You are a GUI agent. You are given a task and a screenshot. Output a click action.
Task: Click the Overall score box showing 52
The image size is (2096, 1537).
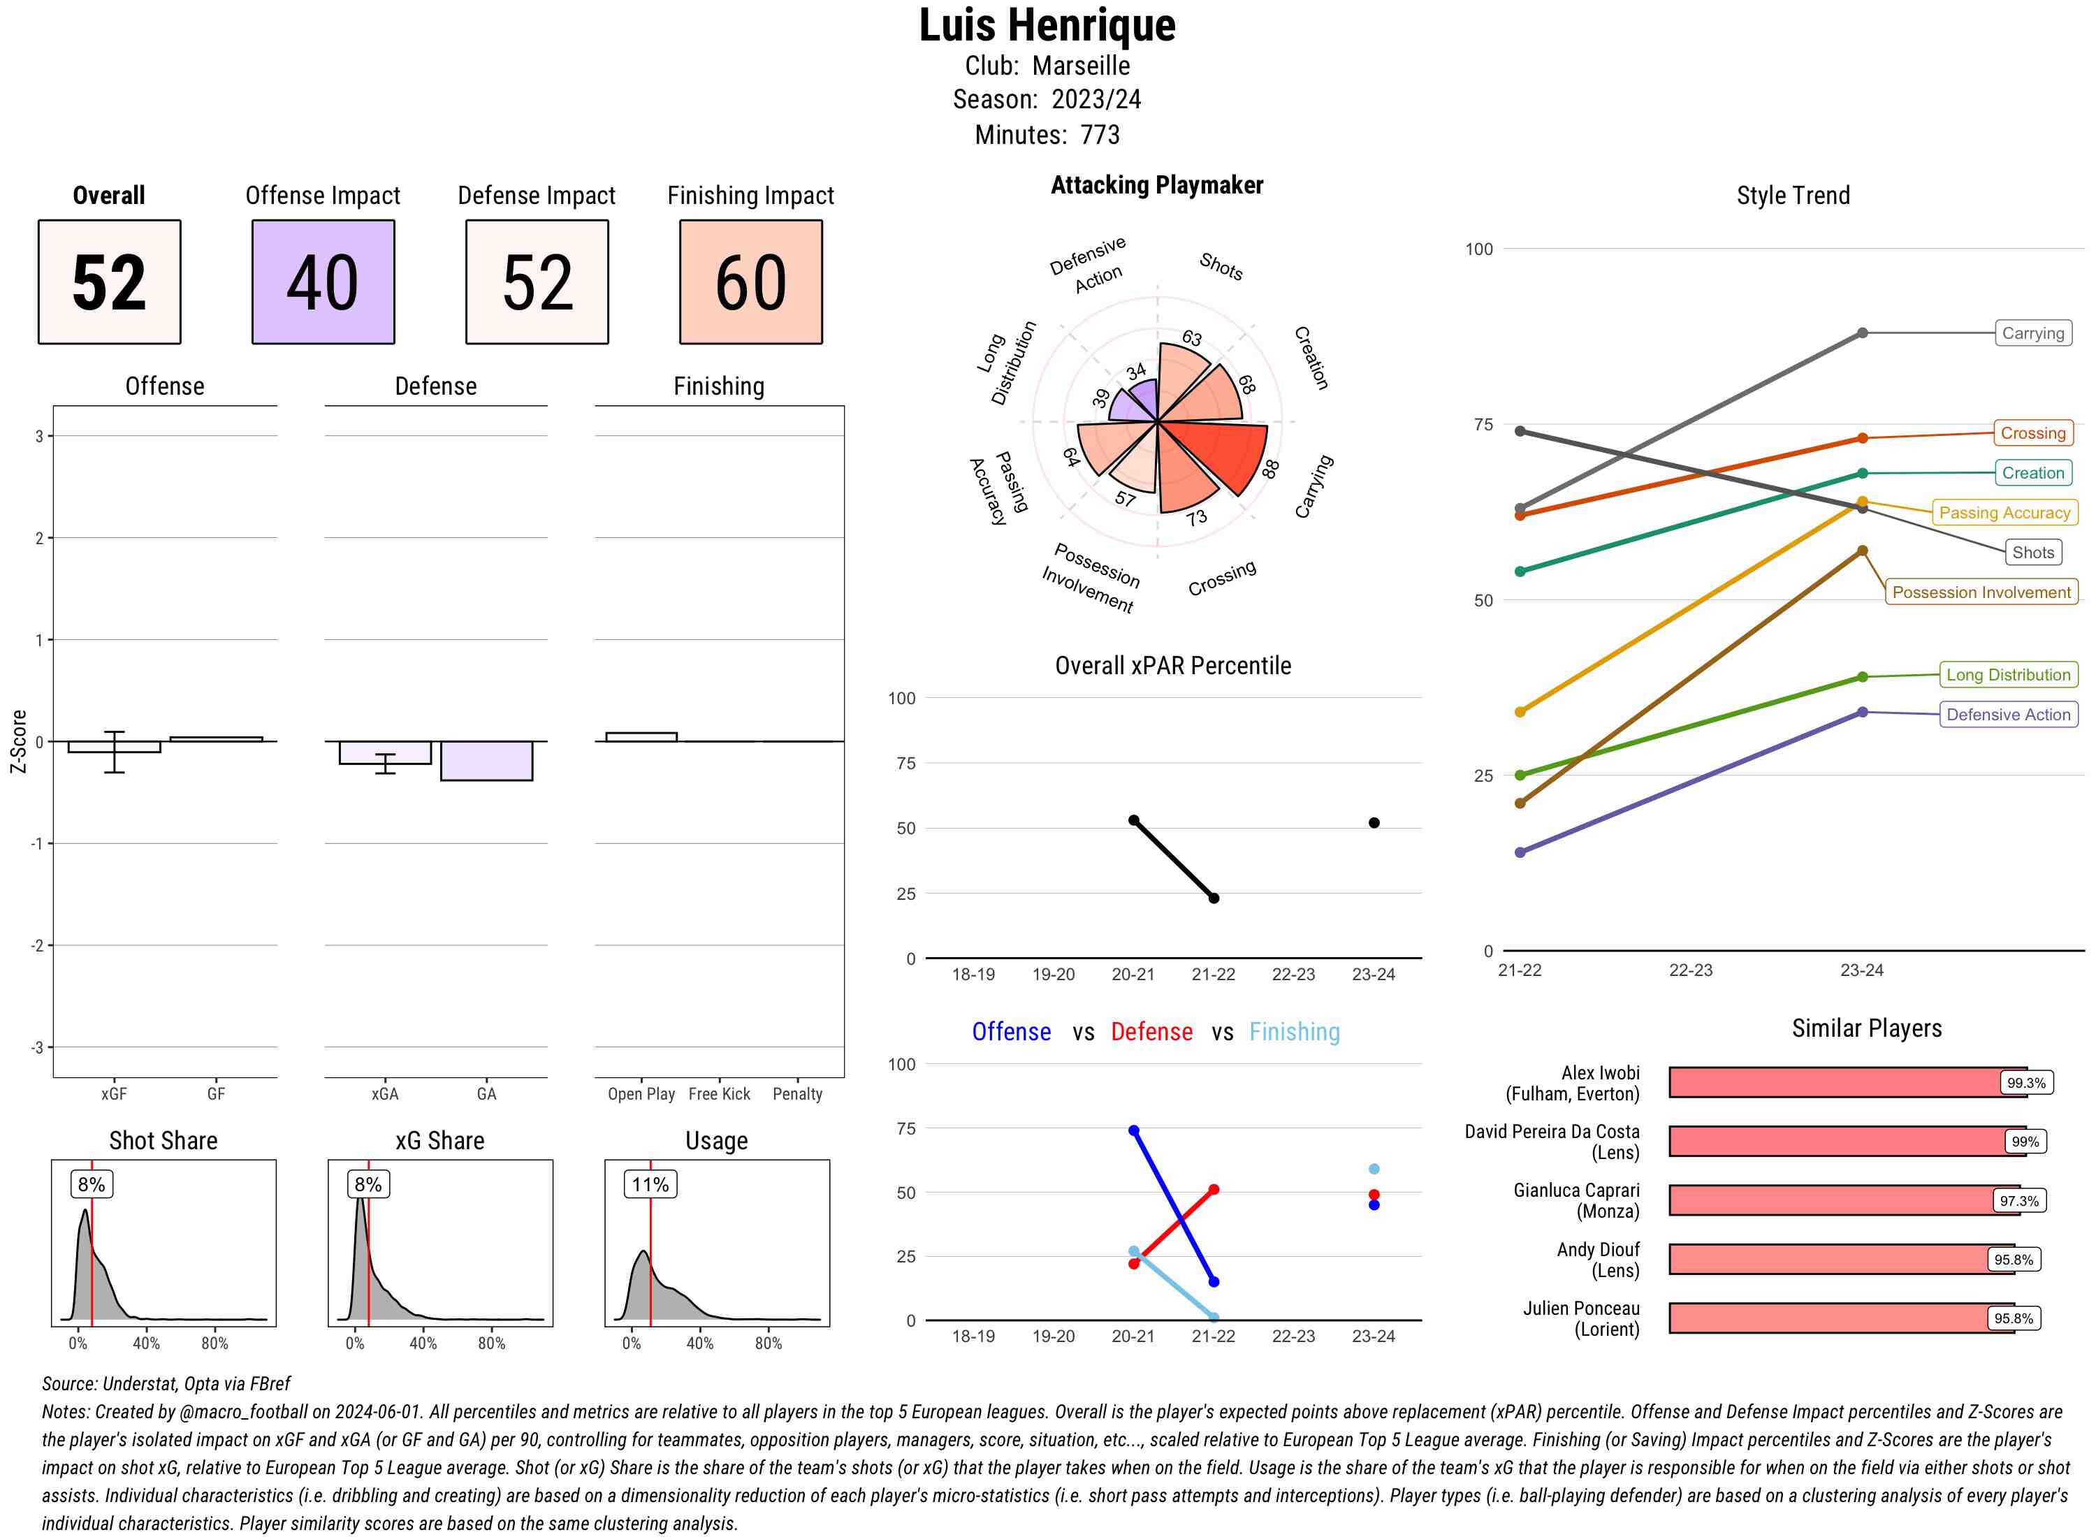click(x=109, y=282)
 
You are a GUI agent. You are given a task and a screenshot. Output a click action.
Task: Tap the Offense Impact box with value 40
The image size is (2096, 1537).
click(x=323, y=282)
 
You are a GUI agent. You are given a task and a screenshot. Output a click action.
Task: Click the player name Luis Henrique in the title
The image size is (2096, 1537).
click(x=1047, y=25)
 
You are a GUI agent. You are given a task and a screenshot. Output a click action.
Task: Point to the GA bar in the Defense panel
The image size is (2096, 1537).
click(x=486, y=760)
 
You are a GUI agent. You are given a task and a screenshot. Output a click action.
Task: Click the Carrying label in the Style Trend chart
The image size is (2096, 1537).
click(x=2032, y=333)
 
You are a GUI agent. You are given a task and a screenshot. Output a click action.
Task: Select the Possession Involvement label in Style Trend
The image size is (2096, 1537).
click(x=1981, y=592)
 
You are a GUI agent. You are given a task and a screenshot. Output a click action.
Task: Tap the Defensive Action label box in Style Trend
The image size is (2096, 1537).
click(x=2008, y=715)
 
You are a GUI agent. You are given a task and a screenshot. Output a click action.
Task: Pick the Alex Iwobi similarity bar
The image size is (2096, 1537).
click(x=1837, y=1082)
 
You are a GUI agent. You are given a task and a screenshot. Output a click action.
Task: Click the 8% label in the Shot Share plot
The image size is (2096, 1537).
click(x=91, y=1184)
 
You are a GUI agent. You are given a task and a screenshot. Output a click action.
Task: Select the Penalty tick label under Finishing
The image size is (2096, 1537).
click(x=796, y=1094)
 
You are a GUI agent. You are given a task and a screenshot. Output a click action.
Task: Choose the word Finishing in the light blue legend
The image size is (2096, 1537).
click(x=1294, y=1032)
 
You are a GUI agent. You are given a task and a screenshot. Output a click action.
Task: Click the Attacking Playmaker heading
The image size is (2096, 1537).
click(x=1156, y=185)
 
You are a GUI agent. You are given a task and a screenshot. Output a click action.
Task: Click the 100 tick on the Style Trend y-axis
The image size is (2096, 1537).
click(x=1478, y=249)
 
